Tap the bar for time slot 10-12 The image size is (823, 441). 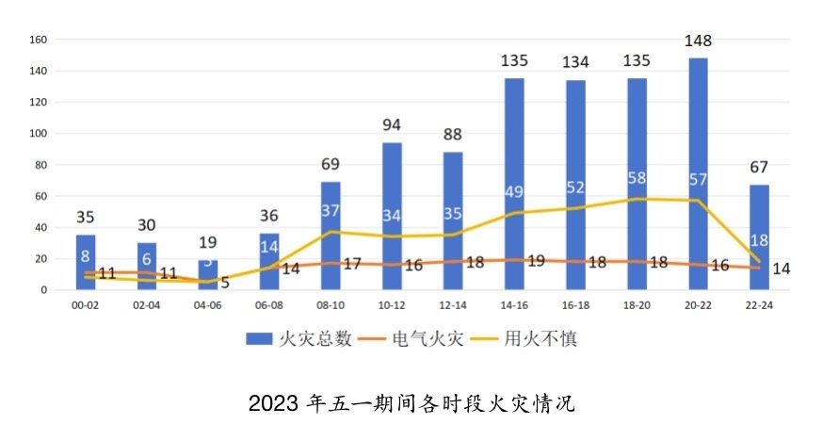coord(392,217)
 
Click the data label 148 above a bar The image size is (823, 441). coord(699,41)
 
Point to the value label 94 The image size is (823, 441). coord(392,125)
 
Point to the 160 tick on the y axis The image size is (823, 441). coord(39,40)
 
